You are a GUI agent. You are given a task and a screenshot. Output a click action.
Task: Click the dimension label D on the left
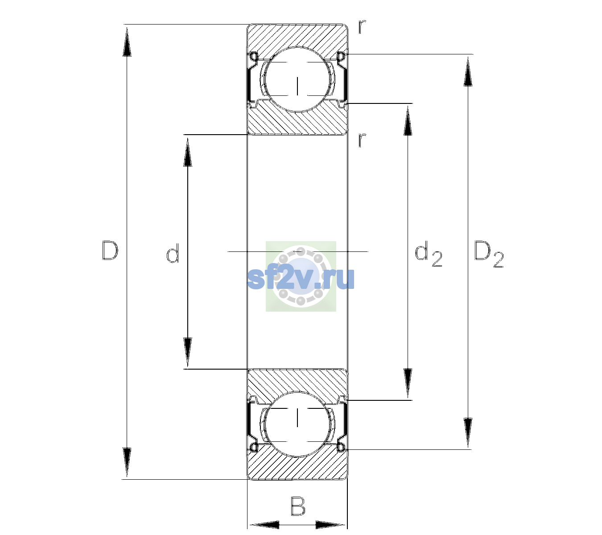coord(110,251)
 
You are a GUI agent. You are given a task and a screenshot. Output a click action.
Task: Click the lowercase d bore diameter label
coord(173,253)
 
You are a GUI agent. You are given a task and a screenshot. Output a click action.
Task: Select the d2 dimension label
coord(429,254)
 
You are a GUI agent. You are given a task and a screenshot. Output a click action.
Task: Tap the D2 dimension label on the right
coord(489,254)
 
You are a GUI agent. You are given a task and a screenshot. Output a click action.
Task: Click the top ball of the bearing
coord(297,79)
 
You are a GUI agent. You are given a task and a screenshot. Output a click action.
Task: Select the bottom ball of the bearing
coord(297,424)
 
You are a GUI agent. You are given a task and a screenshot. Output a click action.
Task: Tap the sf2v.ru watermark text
coord(301,279)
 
